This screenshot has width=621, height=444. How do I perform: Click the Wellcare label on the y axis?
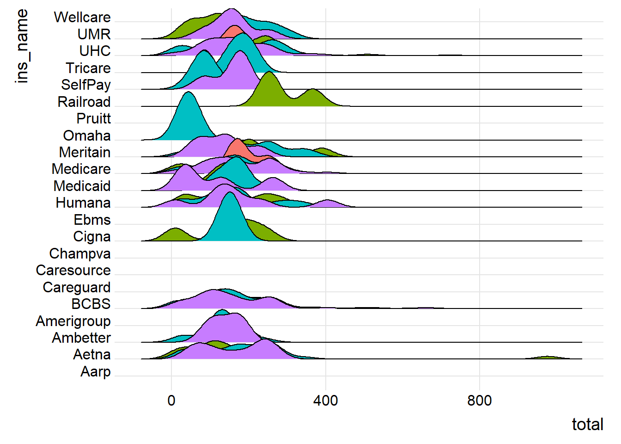coord(82,18)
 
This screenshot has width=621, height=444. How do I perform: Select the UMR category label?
coord(94,34)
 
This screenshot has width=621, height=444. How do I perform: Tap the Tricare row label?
coord(88,68)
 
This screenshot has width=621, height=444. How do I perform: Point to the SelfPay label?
coord(86,85)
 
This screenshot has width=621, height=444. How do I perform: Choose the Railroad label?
coord(84,102)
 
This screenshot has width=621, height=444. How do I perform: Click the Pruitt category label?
coord(93,118)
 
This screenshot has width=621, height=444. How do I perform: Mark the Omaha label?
coord(87,136)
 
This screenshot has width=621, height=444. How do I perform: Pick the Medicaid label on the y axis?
coord(82,186)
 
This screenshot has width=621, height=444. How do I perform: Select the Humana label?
coord(83,203)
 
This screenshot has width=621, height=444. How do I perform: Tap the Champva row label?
coord(80,253)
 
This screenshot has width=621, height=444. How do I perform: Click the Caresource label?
coord(73,270)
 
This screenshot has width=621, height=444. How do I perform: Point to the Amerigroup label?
coord(73,321)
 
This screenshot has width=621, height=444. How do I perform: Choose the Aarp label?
coord(96,371)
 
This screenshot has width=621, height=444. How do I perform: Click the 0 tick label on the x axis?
coord(171,401)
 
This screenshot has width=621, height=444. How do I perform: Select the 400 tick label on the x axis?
coord(325,401)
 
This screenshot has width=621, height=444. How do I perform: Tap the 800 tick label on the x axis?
coord(479,401)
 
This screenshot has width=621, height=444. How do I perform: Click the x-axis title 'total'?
coord(587,424)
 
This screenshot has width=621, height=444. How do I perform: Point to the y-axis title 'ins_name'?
coord(22,46)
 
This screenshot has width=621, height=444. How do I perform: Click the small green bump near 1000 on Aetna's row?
coord(548,358)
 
